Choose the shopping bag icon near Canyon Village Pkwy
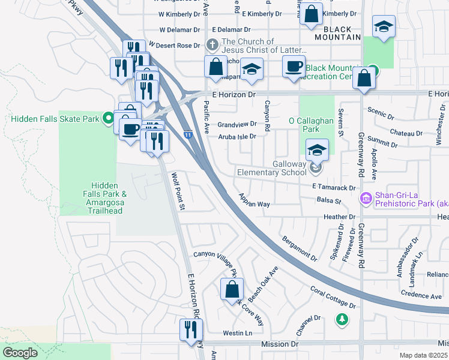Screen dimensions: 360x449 click(x=232, y=289)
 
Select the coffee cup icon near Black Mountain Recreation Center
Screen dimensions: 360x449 click(x=294, y=66)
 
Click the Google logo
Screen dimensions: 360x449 click(x=20, y=353)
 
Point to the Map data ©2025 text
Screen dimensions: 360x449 click(x=424, y=355)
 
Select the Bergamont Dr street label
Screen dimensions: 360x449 click(x=299, y=248)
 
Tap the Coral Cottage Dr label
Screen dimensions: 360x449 click(x=333, y=297)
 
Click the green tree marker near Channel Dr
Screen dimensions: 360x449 click(x=342, y=319)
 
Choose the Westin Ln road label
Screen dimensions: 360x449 click(x=235, y=333)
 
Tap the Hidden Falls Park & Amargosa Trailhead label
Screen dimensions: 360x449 click(x=106, y=198)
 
